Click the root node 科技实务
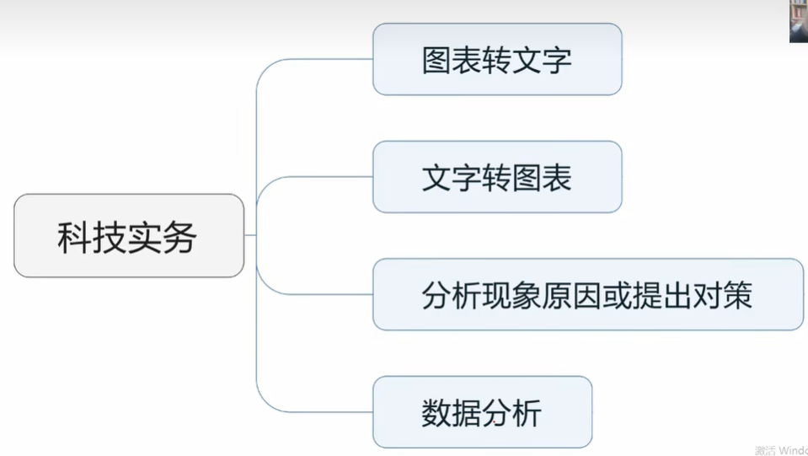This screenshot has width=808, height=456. pos(129,236)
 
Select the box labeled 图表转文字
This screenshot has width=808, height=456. pos(497,59)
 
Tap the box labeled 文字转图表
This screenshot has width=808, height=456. pos(497,177)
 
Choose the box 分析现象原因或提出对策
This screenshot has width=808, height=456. pos(588,294)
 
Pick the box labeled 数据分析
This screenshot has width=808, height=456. pos(482,412)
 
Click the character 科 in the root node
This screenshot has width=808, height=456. pos(74,237)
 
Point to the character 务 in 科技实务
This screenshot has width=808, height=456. pos(181,237)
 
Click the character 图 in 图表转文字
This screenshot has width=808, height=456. pos(436,60)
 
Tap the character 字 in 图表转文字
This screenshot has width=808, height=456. pos(558,60)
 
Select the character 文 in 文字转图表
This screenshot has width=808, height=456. pos(436,178)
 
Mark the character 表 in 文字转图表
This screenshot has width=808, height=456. pos(558,178)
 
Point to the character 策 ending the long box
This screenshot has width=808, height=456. pos(738,295)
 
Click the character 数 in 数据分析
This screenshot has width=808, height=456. pos(436,413)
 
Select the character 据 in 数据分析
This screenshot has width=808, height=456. pos(467,413)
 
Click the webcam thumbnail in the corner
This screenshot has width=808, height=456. pos(798,21)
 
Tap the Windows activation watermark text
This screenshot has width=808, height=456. pos(781,450)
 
